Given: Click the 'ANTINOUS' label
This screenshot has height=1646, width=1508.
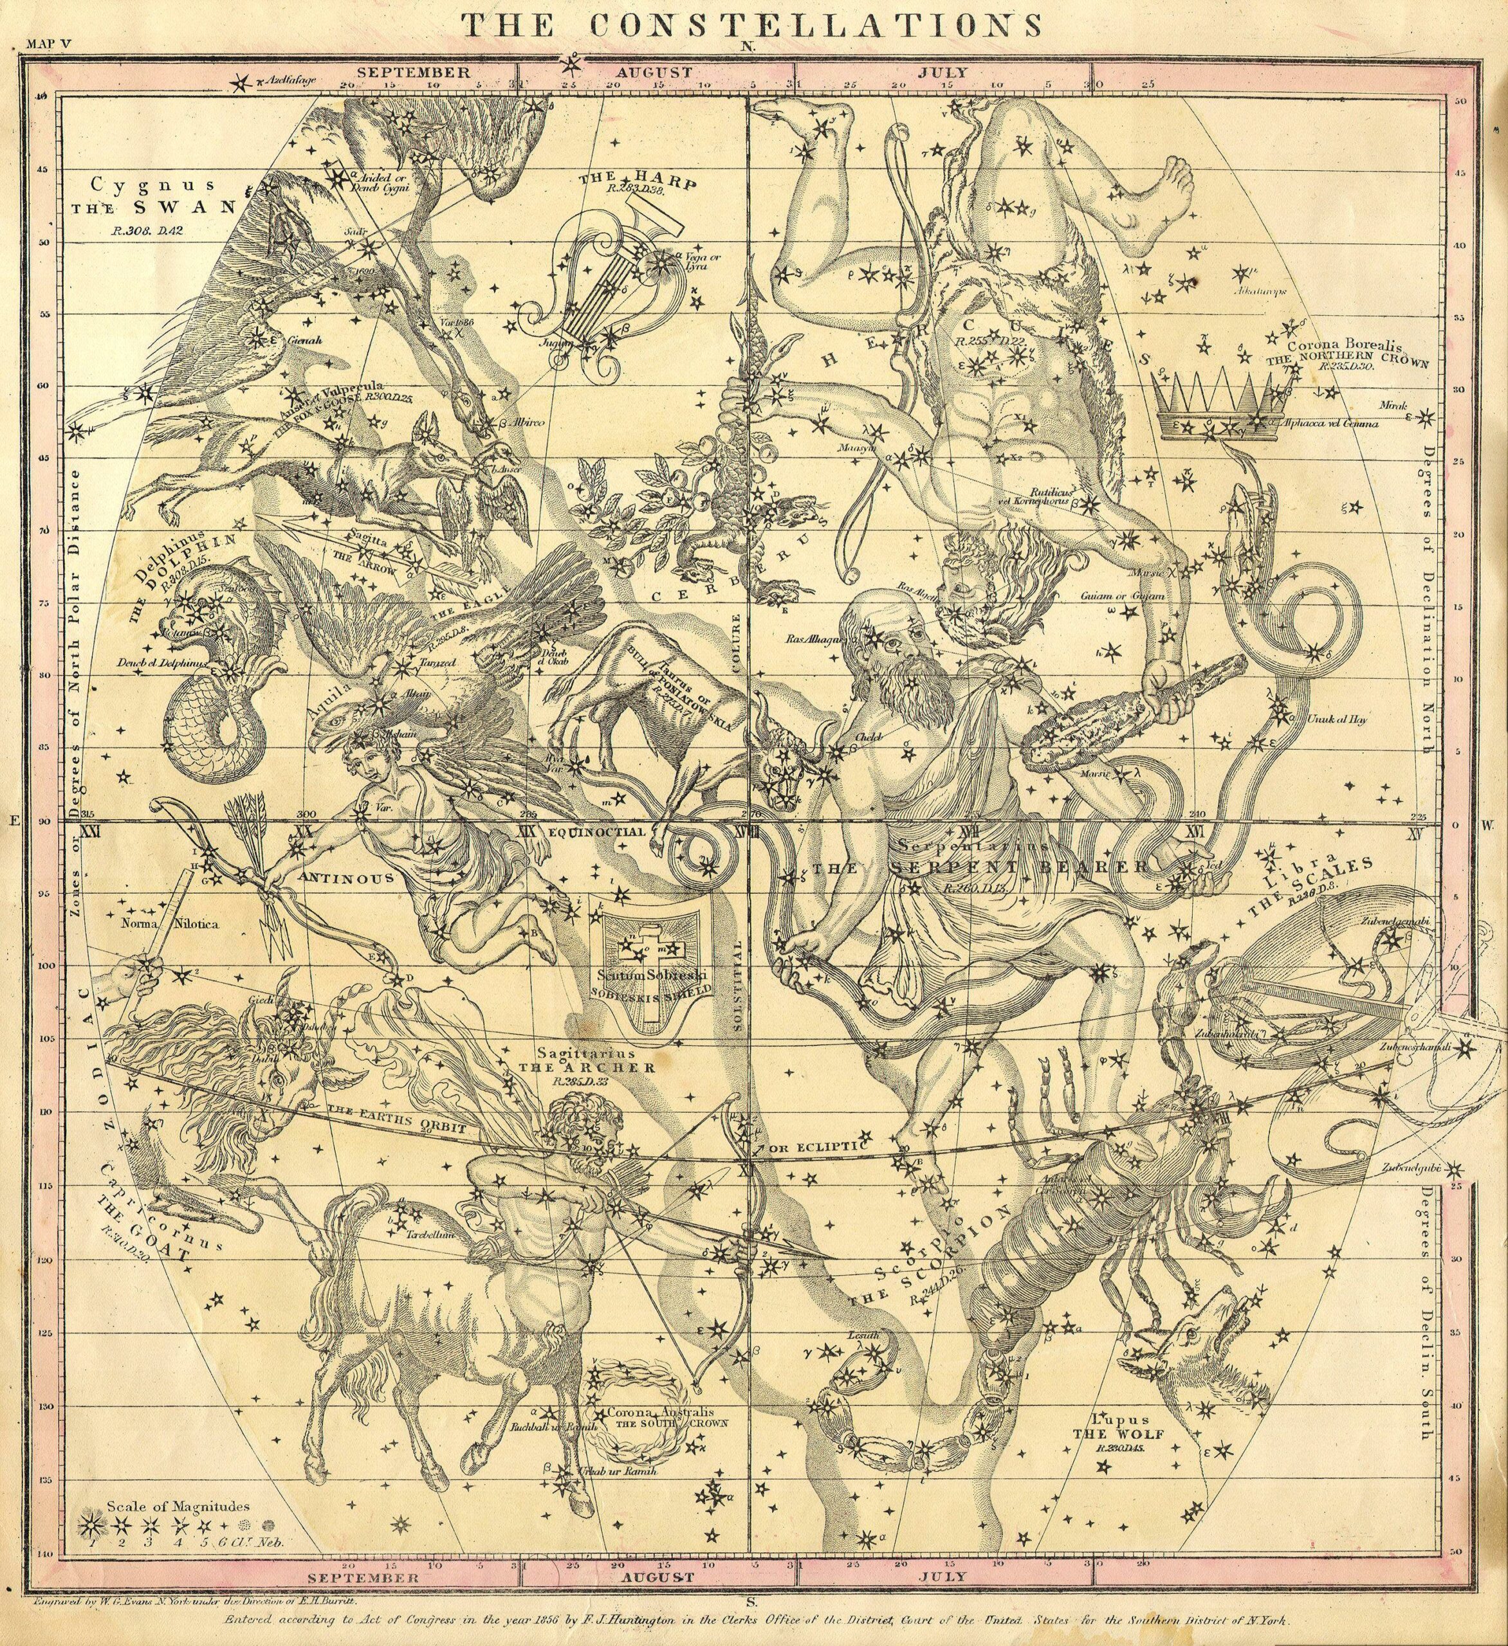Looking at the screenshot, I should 347,878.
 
